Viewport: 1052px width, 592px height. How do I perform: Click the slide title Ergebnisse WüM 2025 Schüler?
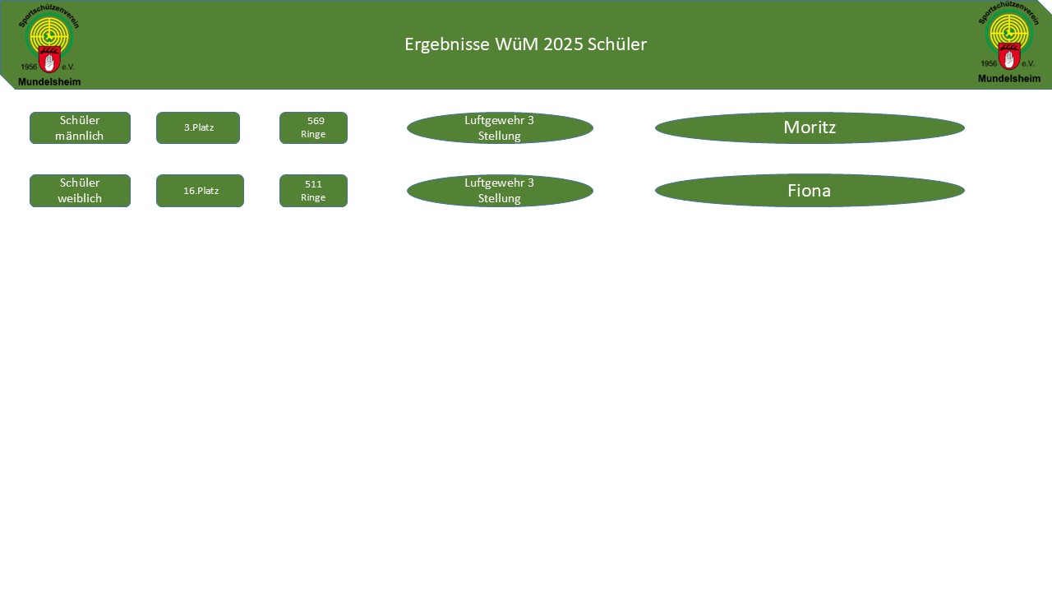pos(525,44)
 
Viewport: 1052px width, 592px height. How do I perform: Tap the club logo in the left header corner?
pos(49,45)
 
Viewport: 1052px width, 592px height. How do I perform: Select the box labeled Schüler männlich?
pos(80,128)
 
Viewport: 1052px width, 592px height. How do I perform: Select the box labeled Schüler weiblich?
pos(80,191)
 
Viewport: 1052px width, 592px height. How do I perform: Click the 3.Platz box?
pos(198,128)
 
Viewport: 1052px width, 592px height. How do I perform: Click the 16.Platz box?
pos(200,191)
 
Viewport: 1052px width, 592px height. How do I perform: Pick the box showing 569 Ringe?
pos(313,128)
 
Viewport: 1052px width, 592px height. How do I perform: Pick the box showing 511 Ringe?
pos(313,191)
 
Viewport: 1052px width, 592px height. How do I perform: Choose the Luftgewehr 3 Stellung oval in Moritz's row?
pos(500,128)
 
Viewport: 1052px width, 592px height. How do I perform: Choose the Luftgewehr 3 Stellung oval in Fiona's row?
pos(500,191)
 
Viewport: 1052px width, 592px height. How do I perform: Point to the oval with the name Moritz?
pos(810,127)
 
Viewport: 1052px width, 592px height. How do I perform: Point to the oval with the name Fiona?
pos(810,191)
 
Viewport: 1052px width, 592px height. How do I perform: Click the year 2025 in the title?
pos(561,44)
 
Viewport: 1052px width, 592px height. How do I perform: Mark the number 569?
pos(316,121)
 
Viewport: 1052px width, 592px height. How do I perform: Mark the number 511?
pos(313,184)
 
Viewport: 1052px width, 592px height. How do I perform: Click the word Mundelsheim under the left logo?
pos(49,81)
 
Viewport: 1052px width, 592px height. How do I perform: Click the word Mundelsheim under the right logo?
pos(1008,79)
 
